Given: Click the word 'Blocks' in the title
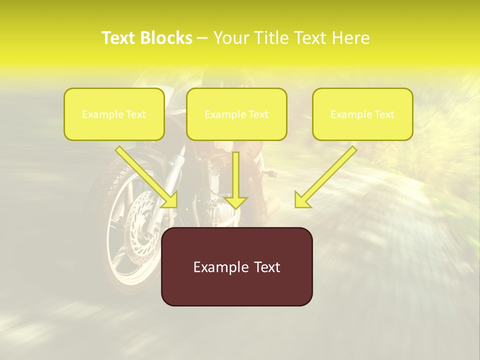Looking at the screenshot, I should pos(167,38).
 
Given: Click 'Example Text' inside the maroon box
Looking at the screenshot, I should pos(236,267).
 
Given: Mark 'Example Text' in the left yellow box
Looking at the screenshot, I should pos(114,114).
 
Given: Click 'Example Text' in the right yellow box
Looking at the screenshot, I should pos(362,114).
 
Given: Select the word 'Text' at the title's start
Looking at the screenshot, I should pos(118,38).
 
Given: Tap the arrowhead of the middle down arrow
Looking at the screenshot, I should pos(235,202).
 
